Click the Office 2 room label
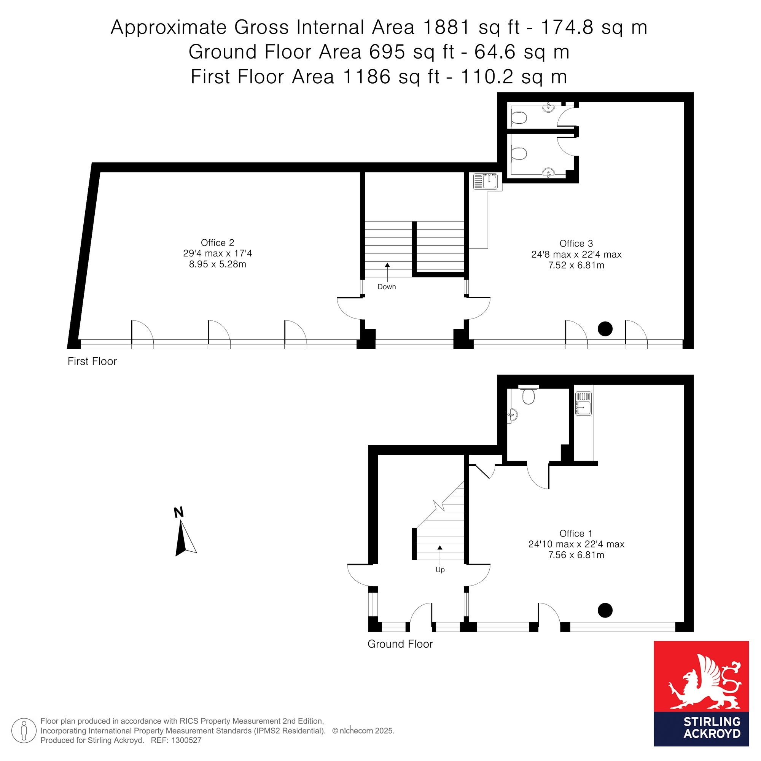[x=217, y=243]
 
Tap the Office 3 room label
[x=576, y=244]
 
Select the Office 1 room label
[x=576, y=534]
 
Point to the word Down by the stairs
[x=387, y=287]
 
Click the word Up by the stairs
[x=440, y=570]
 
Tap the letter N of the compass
[x=179, y=513]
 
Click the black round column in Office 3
[x=605, y=329]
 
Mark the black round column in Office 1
[x=605, y=611]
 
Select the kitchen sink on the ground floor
[x=583, y=403]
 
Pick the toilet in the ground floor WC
[x=528, y=395]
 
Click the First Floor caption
[x=92, y=361]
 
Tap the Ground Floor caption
[x=400, y=644]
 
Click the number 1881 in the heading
[x=447, y=27]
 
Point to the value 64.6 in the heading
[x=495, y=52]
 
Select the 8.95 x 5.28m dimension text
[x=217, y=264]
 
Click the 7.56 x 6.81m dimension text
[x=576, y=555]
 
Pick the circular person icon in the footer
[x=24, y=731]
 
